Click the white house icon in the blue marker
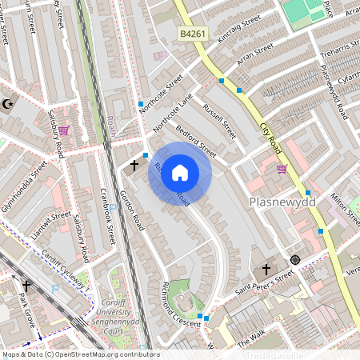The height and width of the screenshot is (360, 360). (180, 173)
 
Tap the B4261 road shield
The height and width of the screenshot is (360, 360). (191, 35)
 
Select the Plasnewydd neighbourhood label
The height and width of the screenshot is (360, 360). (282, 202)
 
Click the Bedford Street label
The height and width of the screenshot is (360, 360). (196, 139)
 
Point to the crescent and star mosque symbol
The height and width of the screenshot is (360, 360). (10, 104)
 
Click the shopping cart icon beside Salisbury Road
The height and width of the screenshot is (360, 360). (64, 130)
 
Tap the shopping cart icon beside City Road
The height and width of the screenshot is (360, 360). (282, 169)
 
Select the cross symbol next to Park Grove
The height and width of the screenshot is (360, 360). (26, 285)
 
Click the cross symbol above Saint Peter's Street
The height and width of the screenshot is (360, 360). (267, 270)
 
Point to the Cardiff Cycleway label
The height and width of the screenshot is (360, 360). (65, 272)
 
